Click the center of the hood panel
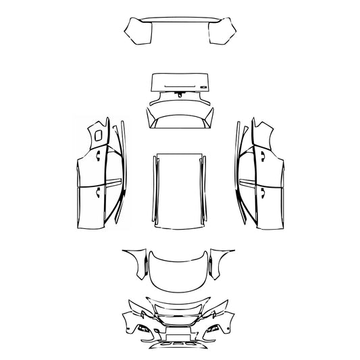point(180,270)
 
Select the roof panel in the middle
point(179,188)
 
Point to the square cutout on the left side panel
point(99,135)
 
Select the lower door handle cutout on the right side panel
point(261,191)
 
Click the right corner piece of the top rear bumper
point(223,31)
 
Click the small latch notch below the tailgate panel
point(180,96)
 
